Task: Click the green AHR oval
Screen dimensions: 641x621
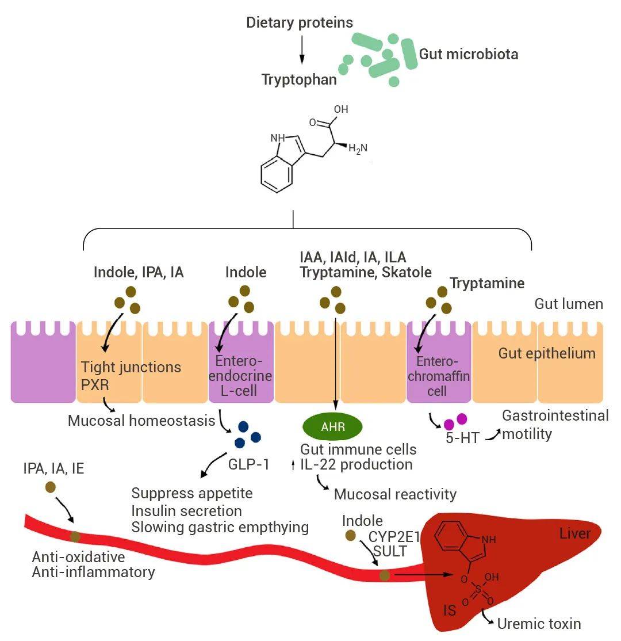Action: coord(333,426)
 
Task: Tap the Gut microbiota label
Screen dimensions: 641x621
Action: coord(469,55)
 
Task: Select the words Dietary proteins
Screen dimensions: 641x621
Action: coord(300,23)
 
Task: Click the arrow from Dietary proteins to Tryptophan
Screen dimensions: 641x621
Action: coord(301,52)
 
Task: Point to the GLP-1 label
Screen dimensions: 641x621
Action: coord(250,464)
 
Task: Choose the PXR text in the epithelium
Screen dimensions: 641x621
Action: coord(95,384)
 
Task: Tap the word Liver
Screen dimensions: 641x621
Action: coord(575,534)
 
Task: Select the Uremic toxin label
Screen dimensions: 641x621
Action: coord(539,624)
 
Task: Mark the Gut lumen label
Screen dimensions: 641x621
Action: coord(569,304)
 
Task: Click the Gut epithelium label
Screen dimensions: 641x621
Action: coord(547,353)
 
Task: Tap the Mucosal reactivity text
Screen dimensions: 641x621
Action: coord(395,494)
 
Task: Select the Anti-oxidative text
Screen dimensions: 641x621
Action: coord(78,557)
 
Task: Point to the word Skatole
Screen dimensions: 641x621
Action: coord(411,272)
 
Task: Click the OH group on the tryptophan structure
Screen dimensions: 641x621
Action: coord(341,109)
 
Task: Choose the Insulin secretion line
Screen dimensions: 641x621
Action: coord(186,511)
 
